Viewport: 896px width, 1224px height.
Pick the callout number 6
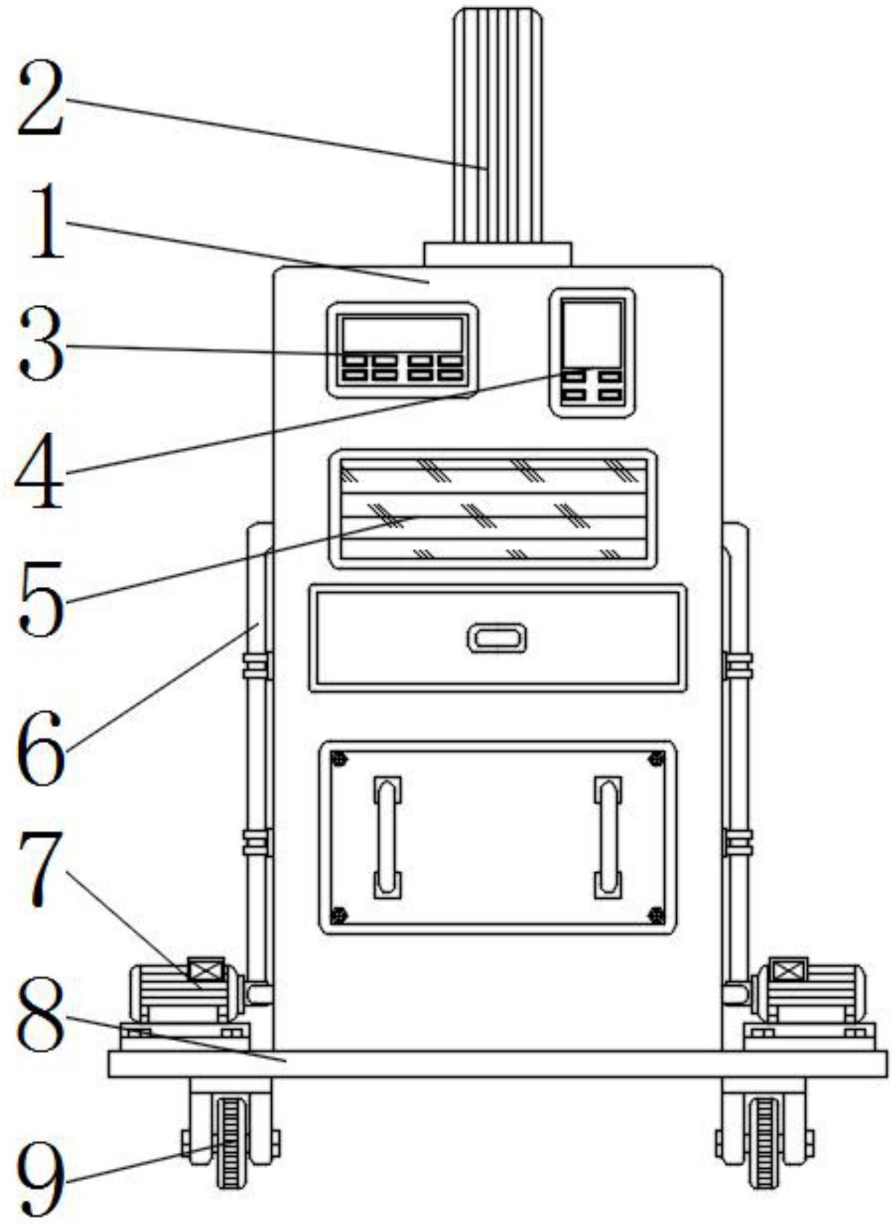[x=42, y=748]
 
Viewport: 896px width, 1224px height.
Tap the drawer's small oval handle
[x=497, y=637]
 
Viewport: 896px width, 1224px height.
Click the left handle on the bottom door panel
[x=387, y=837]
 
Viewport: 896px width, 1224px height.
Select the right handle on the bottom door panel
[x=608, y=837]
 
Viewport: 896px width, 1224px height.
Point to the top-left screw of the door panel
[x=339, y=758]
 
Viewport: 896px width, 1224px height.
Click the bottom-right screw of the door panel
[x=656, y=915]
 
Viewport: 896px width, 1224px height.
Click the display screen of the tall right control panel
[x=592, y=333]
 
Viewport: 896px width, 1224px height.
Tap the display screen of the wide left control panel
[x=402, y=333]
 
